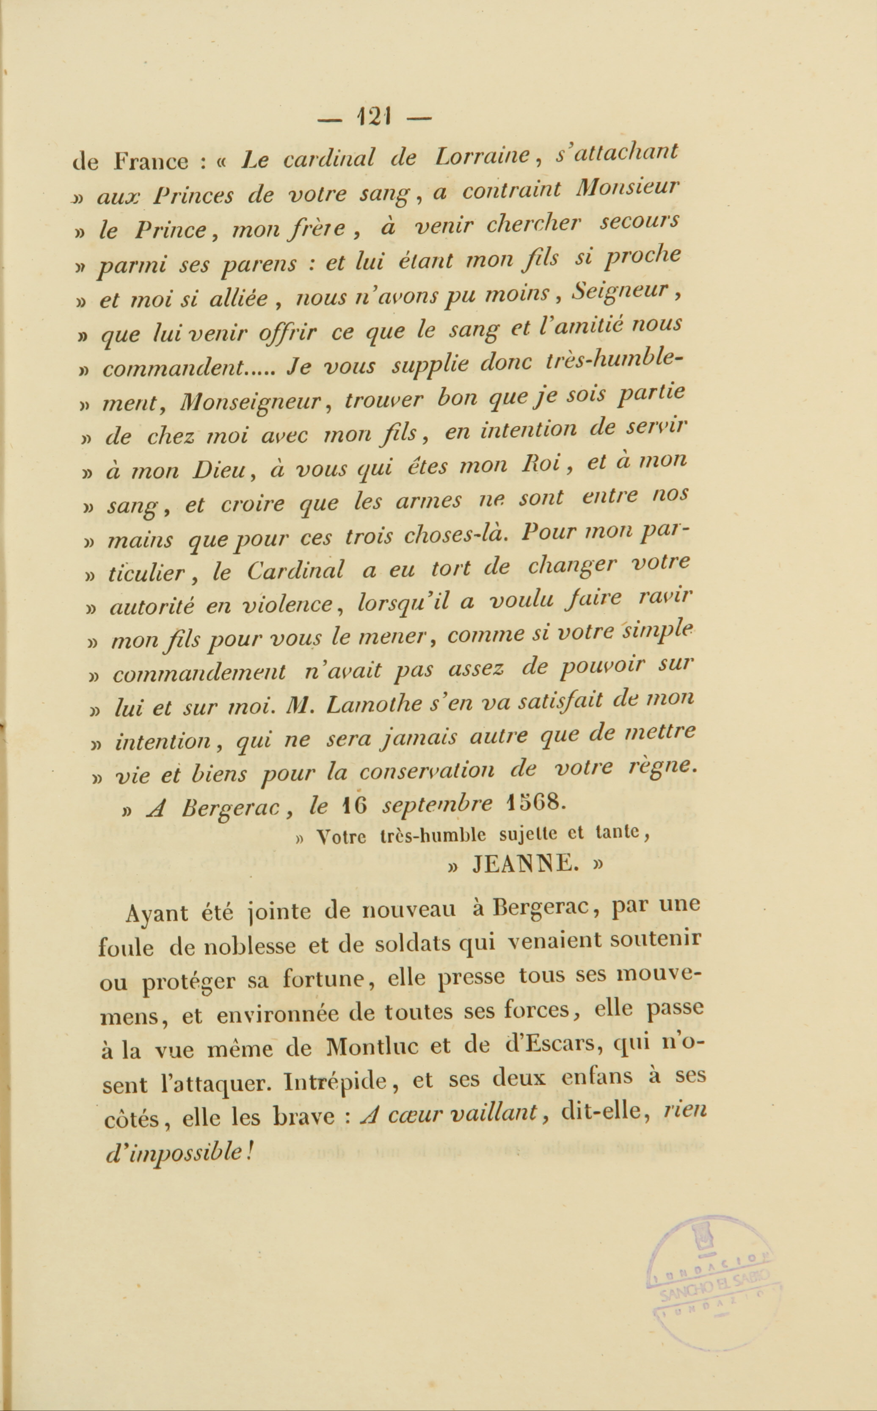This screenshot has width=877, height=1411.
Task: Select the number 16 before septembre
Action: pos(354,806)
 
